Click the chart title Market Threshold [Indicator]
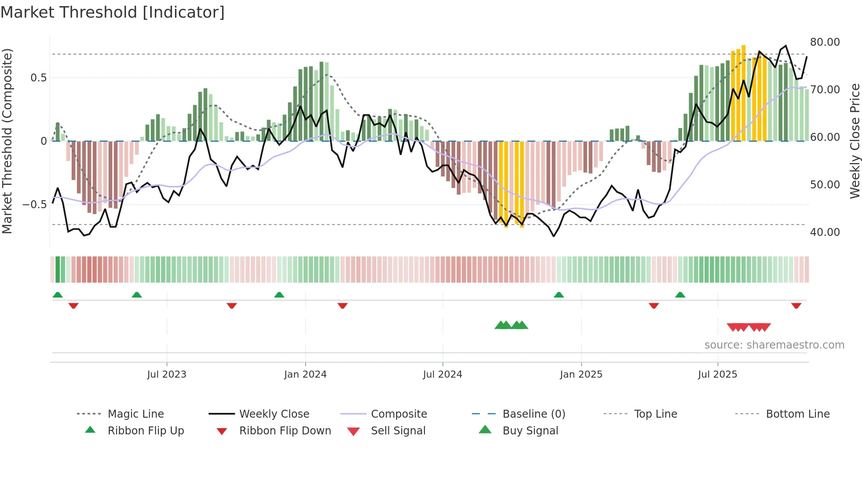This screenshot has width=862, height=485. pos(113,12)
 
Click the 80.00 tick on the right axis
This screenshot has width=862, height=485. pos(825,42)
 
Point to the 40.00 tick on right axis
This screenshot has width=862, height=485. pos(825,232)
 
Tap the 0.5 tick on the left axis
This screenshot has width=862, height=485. pos(38,78)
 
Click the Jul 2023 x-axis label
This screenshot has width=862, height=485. pos(167,375)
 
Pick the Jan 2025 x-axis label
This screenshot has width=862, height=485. pos(581,375)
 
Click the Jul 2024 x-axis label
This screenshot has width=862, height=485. pos(442,375)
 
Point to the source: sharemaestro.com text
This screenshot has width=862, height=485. pos(774,345)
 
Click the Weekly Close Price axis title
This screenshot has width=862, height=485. pos(855,141)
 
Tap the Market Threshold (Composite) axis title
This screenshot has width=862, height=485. pos(7,141)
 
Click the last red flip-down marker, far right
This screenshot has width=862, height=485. pos(796,305)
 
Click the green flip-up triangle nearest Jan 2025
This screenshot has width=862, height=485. pos(559,295)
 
